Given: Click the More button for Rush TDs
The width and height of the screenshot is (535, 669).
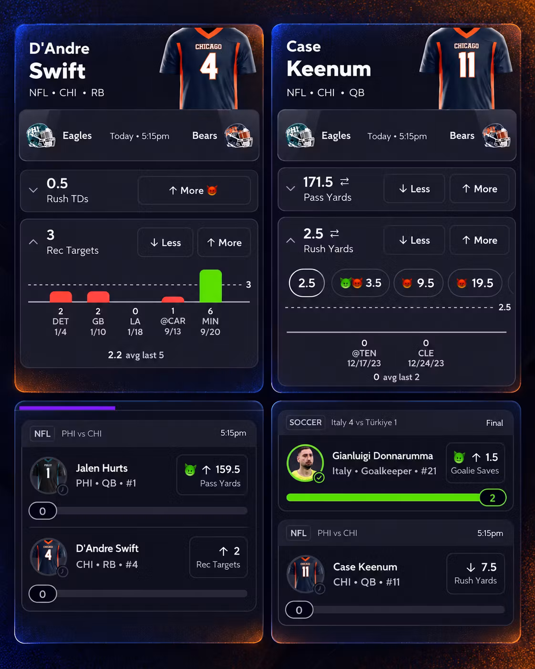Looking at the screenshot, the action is tap(194, 190).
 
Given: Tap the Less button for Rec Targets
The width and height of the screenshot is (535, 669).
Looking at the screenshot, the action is tap(165, 242).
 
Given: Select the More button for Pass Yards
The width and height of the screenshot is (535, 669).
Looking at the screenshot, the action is tap(479, 188).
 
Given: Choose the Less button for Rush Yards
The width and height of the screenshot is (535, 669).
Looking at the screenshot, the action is tap(414, 240).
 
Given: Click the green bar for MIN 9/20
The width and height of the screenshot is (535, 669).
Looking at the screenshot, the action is tap(211, 286).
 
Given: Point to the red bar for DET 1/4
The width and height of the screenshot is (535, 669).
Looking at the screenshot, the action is tap(61, 297).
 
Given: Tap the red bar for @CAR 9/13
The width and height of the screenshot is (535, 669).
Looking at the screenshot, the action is tap(173, 299).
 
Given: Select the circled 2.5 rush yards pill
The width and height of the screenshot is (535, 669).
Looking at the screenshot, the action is tap(307, 283).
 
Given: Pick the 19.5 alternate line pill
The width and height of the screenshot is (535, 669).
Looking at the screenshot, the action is tap(475, 283).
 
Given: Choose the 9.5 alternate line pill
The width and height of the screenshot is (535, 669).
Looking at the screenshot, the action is tap(418, 283).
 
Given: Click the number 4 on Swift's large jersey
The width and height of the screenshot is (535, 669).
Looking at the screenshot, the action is tap(209, 66).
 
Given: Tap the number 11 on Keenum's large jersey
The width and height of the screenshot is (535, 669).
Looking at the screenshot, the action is tap(467, 65).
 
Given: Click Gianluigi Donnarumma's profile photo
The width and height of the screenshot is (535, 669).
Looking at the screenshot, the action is tap(305, 463).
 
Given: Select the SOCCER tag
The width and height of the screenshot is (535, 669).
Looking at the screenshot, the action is tap(305, 422).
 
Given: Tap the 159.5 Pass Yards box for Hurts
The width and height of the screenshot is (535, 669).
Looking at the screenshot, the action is tap(212, 475).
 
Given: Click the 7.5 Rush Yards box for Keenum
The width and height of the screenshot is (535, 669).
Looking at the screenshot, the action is tap(475, 573).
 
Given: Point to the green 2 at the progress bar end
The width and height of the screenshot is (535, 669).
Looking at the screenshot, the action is tap(493, 498).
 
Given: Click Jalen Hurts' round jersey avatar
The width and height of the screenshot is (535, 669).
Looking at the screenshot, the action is tap(48, 475).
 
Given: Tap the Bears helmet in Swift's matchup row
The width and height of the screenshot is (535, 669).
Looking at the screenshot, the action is tap(238, 136).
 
